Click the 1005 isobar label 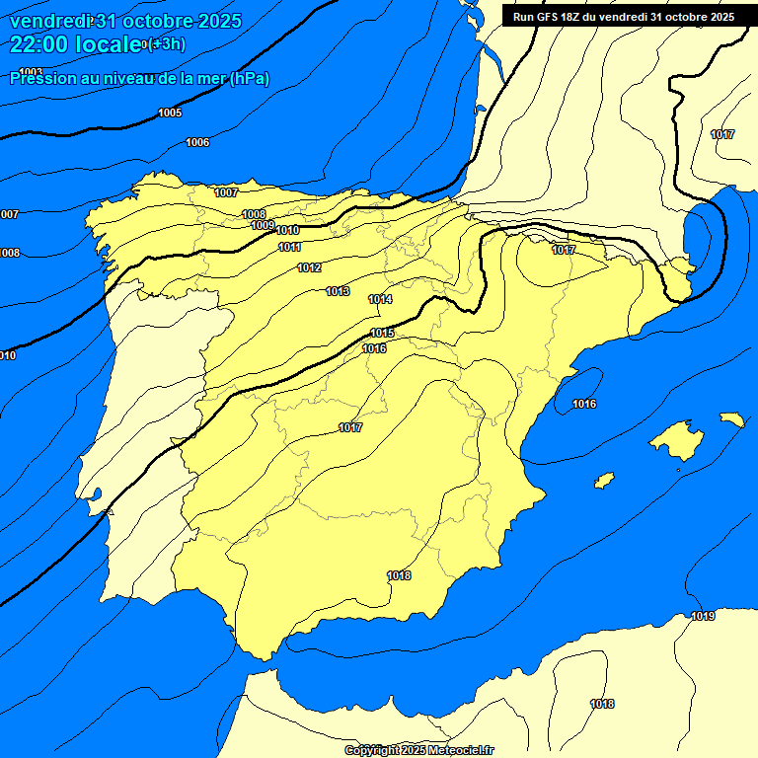pyautogui.click(x=170, y=114)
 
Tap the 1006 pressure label pyautogui.click(x=197, y=143)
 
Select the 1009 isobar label pyautogui.click(x=263, y=226)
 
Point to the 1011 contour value pyautogui.click(x=290, y=247)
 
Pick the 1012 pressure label pyautogui.click(x=310, y=268)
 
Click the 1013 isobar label pyautogui.click(x=339, y=291)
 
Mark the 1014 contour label pyautogui.click(x=381, y=299)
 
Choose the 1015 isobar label pyautogui.click(x=383, y=334)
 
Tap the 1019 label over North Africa pyautogui.click(x=703, y=617)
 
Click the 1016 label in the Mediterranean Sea pyautogui.click(x=584, y=404)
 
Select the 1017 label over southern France pyautogui.click(x=722, y=134)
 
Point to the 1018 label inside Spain pyautogui.click(x=399, y=575)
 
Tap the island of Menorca pyautogui.click(x=731, y=419)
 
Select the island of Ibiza pyautogui.click(x=603, y=481)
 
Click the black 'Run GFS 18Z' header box pyautogui.click(x=624, y=17)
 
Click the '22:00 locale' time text pyautogui.click(x=74, y=44)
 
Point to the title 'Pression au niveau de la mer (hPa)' pyautogui.click(x=139, y=79)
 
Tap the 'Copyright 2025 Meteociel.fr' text pyautogui.click(x=418, y=750)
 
